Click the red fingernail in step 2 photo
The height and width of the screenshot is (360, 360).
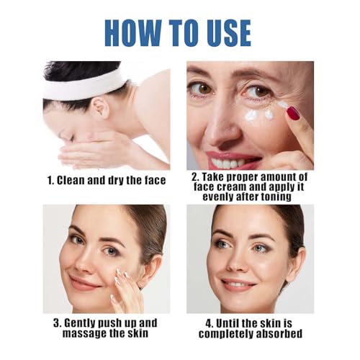(x=294, y=112)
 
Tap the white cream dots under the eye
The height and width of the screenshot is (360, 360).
(x=259, y=114)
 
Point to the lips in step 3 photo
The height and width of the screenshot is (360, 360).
(x=84, y=282)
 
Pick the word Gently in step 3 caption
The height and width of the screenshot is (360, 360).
(x=77, y=322)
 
